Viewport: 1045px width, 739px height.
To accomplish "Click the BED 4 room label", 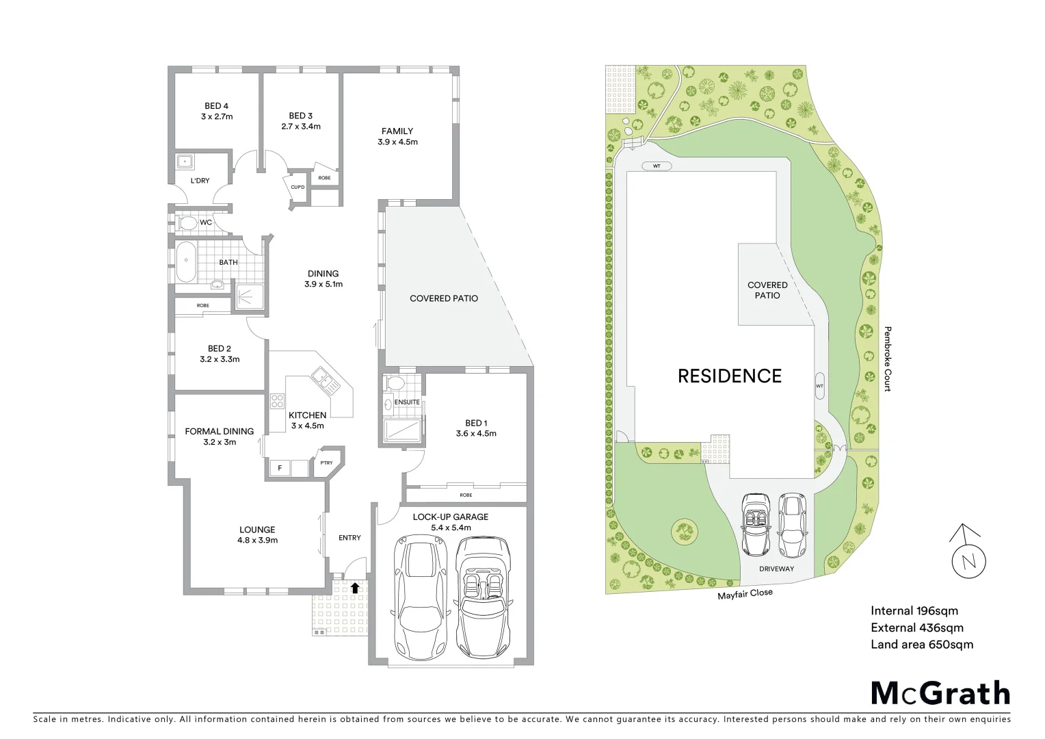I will pyautogui.click(x=217, y=111).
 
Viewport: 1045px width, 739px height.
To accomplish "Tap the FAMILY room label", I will pyautogui.click(x=397, y=136).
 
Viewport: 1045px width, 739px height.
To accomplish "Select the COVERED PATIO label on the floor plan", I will pyautogui.click(x=443, y=298).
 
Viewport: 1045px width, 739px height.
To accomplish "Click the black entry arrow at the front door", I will pyautogui.click(x=354, y=587).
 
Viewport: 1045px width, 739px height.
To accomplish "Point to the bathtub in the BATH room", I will pyautogui.click(x=185, y=262).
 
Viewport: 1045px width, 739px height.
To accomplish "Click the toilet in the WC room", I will pyautogui.click(x=186, y=223).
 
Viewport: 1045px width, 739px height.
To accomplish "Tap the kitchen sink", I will pyautogui.click(x=322, y=378).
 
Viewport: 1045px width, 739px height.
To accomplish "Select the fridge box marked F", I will pyautogui.click(x=279, y=468).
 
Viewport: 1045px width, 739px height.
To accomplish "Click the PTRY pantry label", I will pyautogui.click(x=326, y=463).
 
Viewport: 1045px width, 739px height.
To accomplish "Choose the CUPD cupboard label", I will pyautogui.click(x=297, y=187).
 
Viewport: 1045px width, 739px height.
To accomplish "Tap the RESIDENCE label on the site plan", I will pyautogui.click(x=729, y=376).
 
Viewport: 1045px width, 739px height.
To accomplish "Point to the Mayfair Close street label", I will pyautogui.click(x=745, y=593).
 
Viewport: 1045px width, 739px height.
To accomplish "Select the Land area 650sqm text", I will pyautogui.click(x=921, y=644).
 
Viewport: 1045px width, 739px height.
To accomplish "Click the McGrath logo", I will pyautogui.click(x=940, y=692).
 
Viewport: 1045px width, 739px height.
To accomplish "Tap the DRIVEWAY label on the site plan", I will pyautogui.click(x=777, y=569).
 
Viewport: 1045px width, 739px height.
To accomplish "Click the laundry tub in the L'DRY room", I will pyautogui.click(x=185, y=162).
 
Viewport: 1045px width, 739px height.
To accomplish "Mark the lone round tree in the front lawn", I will pyautogui.click(x=684, y=530).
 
